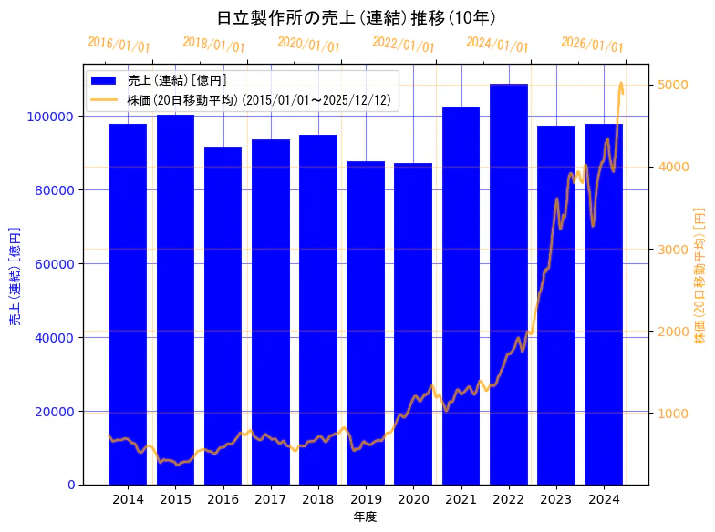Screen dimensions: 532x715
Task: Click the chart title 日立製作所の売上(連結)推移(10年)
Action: [x=357, y=17]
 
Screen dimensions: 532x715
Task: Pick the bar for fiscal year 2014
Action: [x=128, y=304]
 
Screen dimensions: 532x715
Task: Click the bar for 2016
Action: [x=223, y=315]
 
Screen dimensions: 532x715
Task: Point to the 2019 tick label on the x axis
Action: [x=366, y=499]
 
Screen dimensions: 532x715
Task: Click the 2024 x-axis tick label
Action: [x=604, y=499]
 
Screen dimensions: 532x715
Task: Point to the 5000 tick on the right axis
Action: [x=673, y=85]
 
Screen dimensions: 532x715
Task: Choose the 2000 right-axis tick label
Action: [x=673, y=332]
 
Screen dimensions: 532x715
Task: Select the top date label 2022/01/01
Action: [x=403, y=45]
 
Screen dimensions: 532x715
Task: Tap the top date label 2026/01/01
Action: [x=592, y=45]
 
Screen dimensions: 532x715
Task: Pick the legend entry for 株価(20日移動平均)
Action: [x=259, y=99]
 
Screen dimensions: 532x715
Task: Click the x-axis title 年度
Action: [x=365, y=517]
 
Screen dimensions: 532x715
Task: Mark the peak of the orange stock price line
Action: [x=621, y=83]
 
